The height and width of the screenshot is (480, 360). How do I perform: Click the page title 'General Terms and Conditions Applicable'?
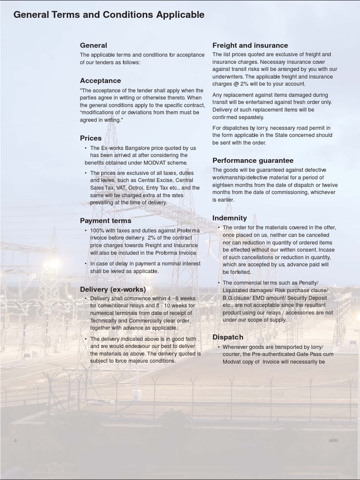tap(109, 15)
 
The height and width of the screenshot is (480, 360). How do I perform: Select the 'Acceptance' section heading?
tap(100, 81)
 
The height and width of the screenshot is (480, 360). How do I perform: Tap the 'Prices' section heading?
tap(90, 138)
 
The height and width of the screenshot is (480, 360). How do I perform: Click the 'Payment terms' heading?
tap(105, 221)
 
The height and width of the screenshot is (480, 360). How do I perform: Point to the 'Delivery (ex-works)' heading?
tap(112, 289)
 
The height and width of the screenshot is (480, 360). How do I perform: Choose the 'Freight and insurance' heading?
tap(250, 45)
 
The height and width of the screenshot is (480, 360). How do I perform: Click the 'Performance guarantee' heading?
tap(253, 160)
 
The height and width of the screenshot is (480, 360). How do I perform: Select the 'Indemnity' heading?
tap(229, 218)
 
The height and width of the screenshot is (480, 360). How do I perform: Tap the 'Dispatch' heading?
tap(228, 337)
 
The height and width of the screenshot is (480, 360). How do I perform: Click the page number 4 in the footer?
tap(15, 441)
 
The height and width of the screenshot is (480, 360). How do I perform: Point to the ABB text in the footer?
tap(333, 441)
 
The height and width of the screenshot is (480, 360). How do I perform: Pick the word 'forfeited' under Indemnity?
tap(237, 272)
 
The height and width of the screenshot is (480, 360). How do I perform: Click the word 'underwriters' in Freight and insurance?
tap(228, 77)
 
